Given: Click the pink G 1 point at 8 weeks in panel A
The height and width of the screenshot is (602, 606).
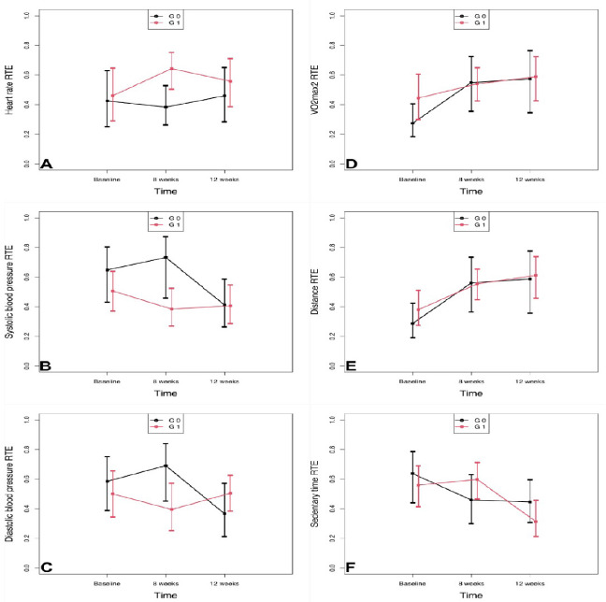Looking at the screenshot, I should (x=172, y=68).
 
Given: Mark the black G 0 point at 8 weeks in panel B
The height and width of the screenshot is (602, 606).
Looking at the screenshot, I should (x=166, y=257).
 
